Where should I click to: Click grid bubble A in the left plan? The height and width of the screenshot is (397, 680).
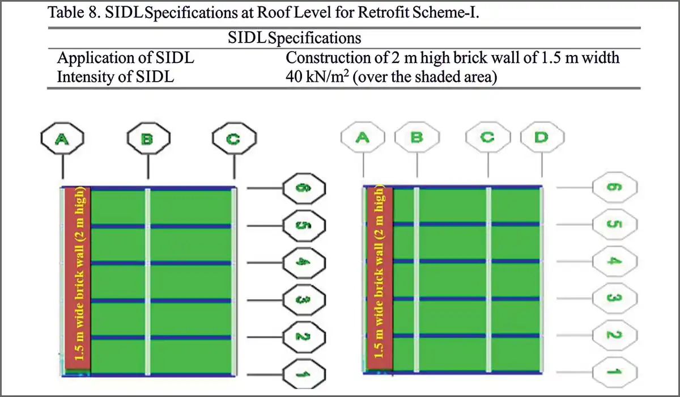tap(62, 140)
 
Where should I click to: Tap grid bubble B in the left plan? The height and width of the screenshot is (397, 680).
tap(148, 140)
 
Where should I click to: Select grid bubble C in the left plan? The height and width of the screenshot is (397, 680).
tap(234, 140)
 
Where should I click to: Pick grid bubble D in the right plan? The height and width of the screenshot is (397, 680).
tap(542, 138)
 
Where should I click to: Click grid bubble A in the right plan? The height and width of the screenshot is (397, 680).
tap(363, 138)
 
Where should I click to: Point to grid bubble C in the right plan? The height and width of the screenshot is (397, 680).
tap(487, 138)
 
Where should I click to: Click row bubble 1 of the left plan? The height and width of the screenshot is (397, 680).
tap(304, 374)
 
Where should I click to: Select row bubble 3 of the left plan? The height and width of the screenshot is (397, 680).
tap(304, 300)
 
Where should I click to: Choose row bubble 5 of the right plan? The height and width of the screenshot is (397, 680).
tap(615, 224)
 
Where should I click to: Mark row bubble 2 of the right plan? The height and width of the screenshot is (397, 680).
tap(615, 335)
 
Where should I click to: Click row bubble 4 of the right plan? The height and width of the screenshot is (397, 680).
tap(615, 261)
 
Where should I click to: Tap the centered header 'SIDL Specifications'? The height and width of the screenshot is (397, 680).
tap(294, 39)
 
